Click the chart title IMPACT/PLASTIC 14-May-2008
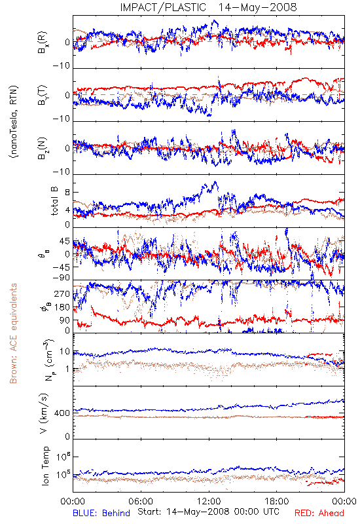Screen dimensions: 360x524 tap(208, 7)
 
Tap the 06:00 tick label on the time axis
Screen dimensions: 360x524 tap(141, 501)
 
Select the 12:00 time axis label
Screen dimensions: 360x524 tap(209, 501)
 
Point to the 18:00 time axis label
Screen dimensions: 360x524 tap(277, 501)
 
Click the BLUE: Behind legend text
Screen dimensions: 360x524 tap(101, 513)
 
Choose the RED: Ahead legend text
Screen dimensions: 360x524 tap(319, 513)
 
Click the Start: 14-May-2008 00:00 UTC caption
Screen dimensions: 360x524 tap(208, 512)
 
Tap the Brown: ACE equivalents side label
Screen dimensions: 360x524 tap(13, 333)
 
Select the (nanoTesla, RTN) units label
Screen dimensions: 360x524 tap(14, 122)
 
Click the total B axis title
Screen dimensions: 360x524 tap(54, 201)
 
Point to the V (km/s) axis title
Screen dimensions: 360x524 tap(44, 413)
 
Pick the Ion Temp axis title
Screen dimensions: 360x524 tap(45, 466)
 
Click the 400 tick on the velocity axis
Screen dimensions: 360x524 tap(62, 413)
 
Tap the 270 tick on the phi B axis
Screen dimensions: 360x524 tap(62, 294)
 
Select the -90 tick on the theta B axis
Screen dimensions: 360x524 tap(61, 278)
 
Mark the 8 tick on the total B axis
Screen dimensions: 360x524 tap(67, 193)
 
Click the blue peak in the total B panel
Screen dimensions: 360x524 tap(215, 182)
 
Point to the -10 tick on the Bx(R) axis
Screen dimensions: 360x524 tap(61, 65)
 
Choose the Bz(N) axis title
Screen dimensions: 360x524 tap(43, 148)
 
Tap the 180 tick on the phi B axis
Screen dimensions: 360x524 tap(62, 307)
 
